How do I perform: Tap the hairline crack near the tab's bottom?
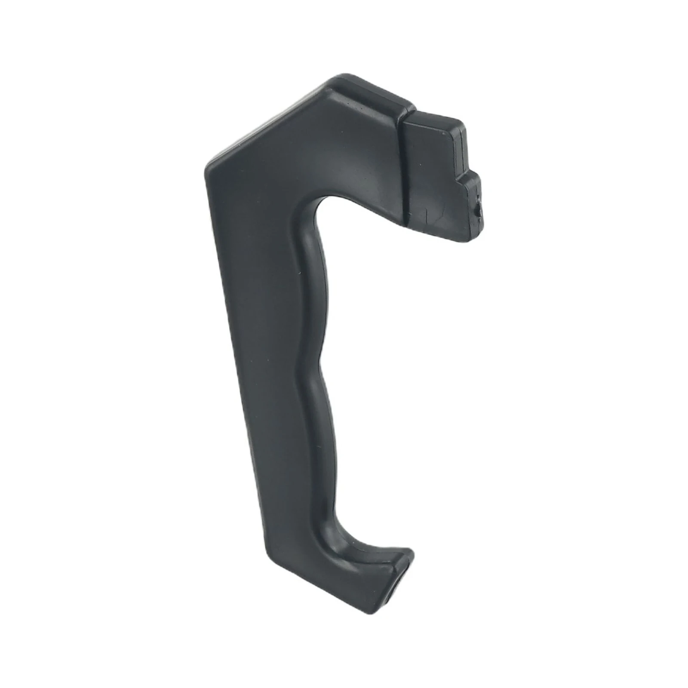click(x=426, y=215)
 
